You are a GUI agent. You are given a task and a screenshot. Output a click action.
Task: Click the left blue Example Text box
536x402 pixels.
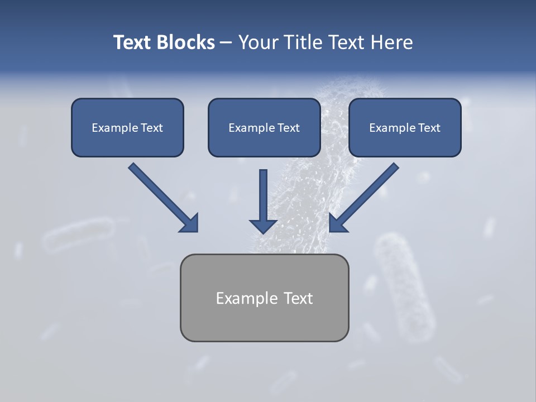[x=127, y=127]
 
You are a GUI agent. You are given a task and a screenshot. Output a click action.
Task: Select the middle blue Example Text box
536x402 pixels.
[x=264, y=127]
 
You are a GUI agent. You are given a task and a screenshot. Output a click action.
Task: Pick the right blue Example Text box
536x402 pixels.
[x=405, y=127]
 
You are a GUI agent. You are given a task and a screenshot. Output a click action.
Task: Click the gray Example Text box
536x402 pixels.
[x=264, y=298]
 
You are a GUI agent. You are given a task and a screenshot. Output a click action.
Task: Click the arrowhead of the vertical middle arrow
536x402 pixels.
[x=264, y=226]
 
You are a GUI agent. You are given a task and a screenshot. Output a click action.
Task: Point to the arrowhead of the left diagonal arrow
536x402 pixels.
[x=190, y=223]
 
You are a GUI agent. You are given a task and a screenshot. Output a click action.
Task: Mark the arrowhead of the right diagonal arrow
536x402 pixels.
[x=337, y=223]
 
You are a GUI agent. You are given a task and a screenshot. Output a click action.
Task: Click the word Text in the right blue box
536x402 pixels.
[x=429, y=128]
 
